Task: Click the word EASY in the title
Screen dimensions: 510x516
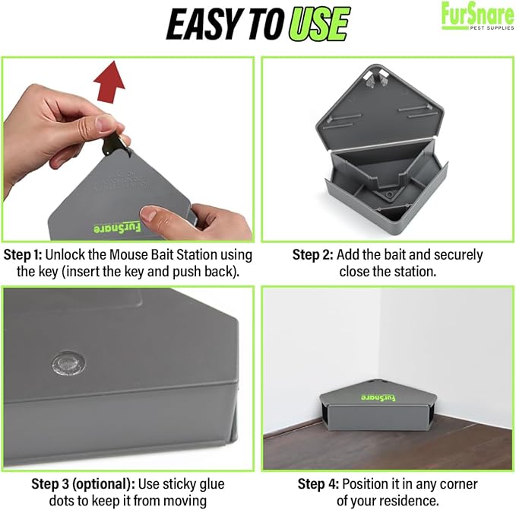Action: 202,24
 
